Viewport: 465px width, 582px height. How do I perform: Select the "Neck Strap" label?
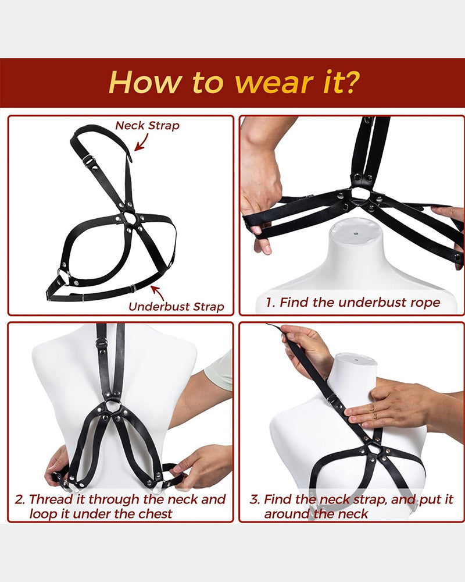pyautogui.click(x=147, y=126)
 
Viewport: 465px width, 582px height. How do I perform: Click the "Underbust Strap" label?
pyautogui.click(x=176, y=307)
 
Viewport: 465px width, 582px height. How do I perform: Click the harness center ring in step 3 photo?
pyautogui.click(x=375, y=449)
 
